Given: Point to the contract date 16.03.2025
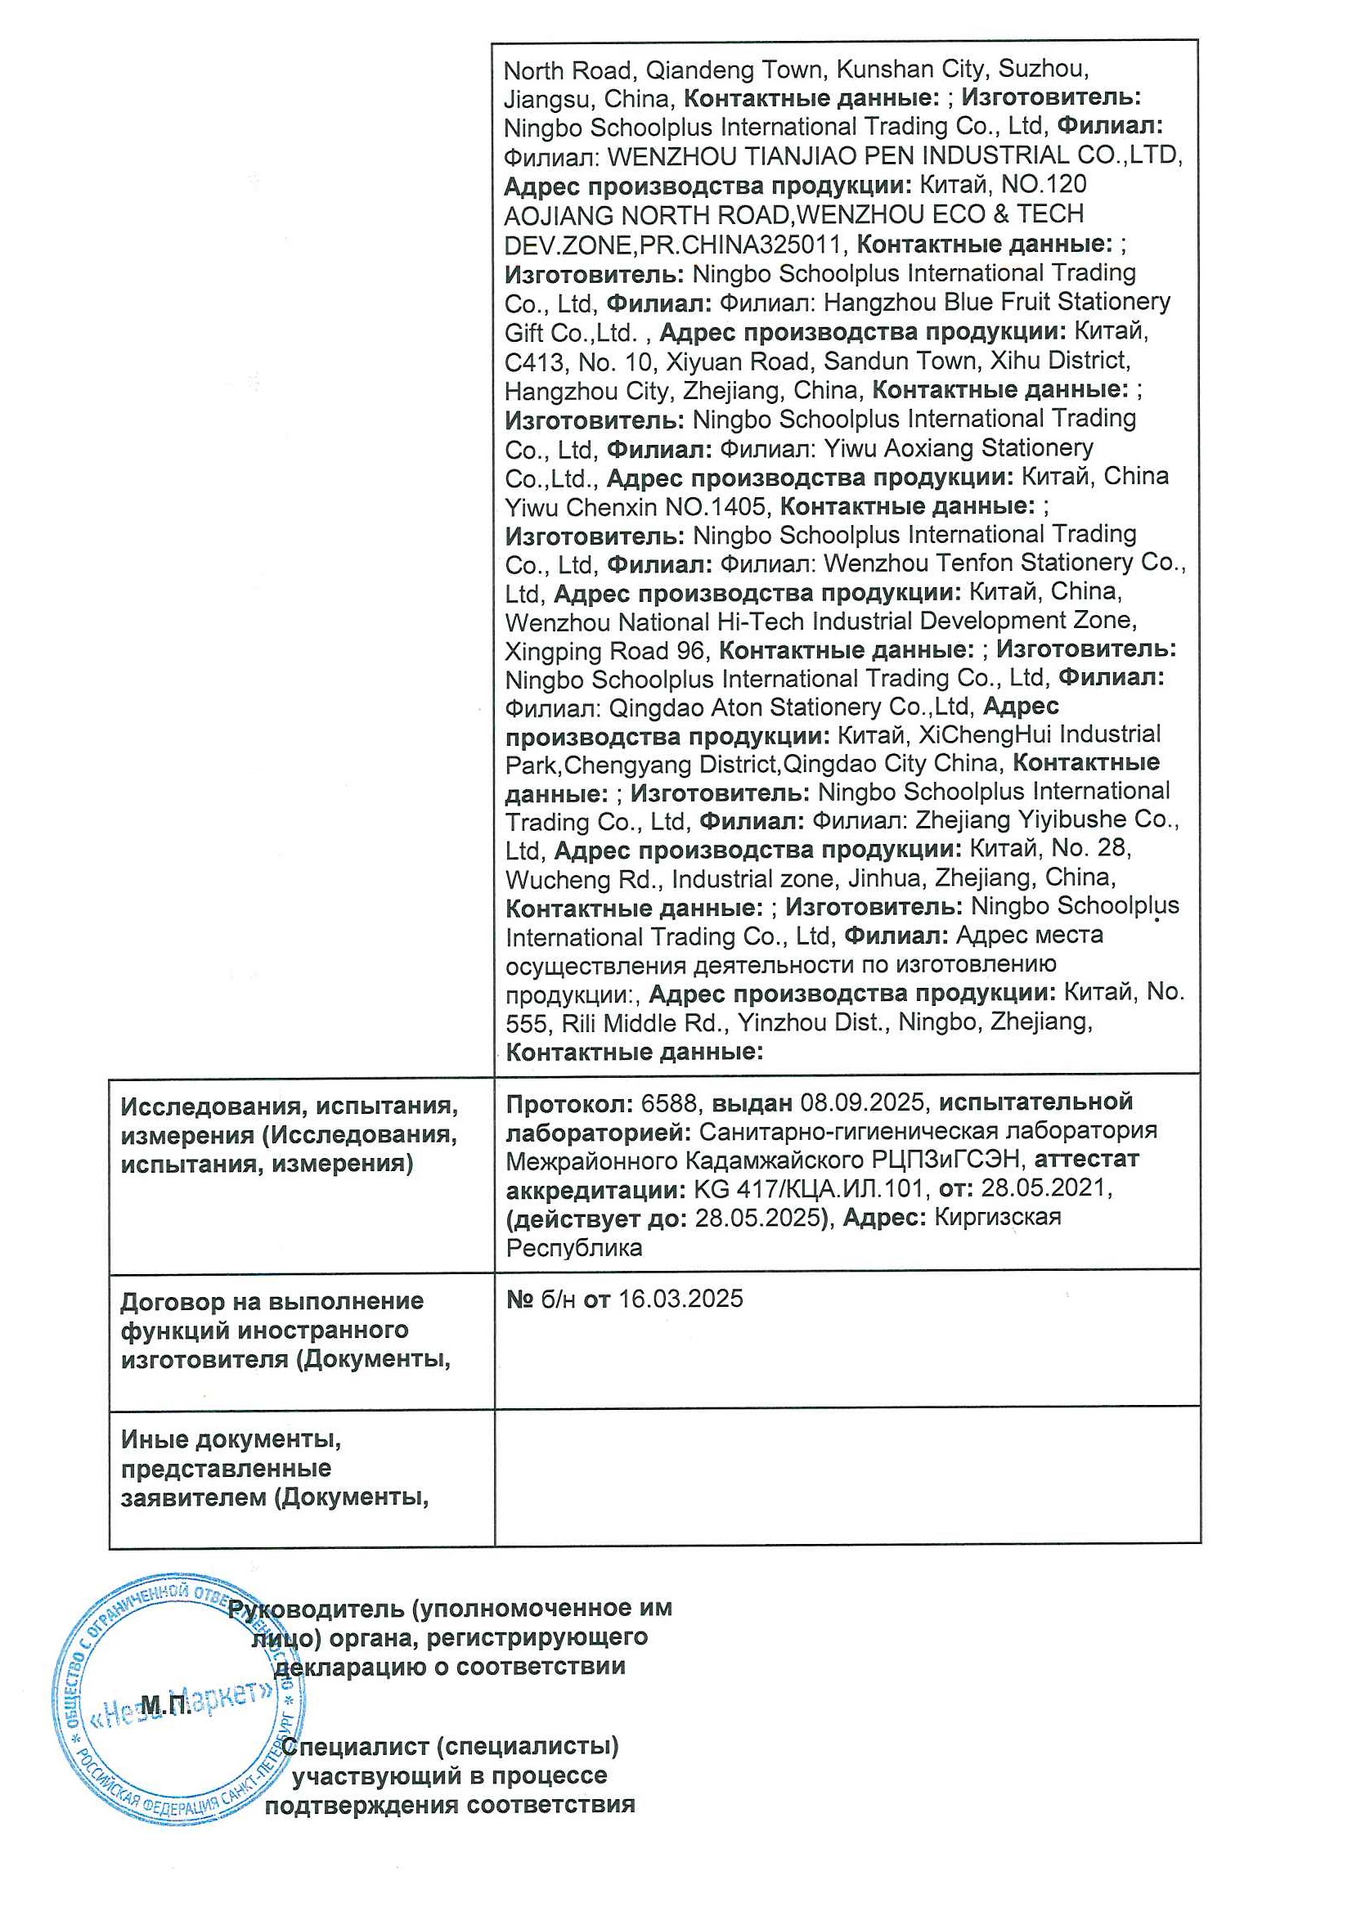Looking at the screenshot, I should pyautogui.click(x=680, y=1299).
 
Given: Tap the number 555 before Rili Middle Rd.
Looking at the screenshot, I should pyautogui.click(x=525, y=1022).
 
